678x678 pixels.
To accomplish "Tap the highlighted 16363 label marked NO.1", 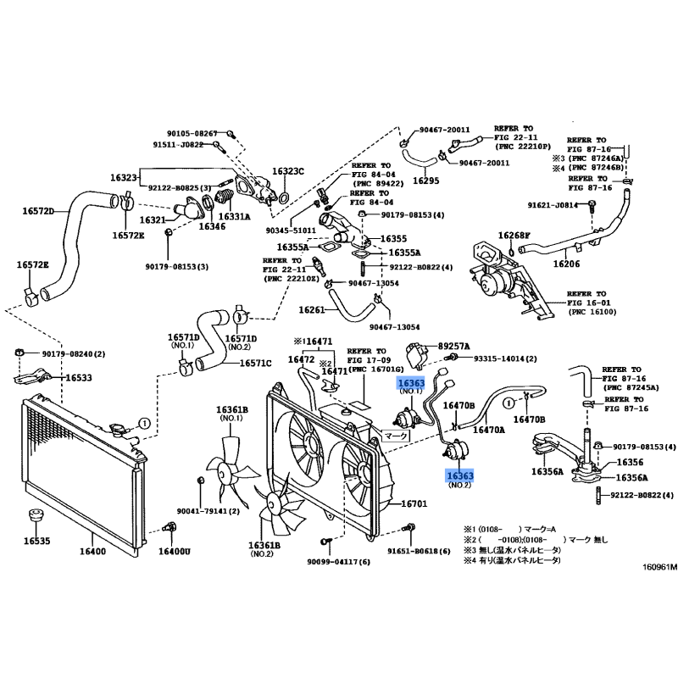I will tap(411, 384).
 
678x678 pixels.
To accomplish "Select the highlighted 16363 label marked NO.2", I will tap(459, 477).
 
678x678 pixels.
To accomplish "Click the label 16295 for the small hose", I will tap(426, 181).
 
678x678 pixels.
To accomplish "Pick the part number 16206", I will tap(566, 264).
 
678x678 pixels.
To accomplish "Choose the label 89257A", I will tap(454, 346).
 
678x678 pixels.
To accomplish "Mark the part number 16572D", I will tap(36, 211).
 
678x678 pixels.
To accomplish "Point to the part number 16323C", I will tap(288, 172).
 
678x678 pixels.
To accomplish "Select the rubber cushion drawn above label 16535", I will tap(36, 517).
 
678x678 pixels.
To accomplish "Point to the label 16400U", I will tap(176, 552).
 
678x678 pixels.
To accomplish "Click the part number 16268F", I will tap(514, 235).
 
